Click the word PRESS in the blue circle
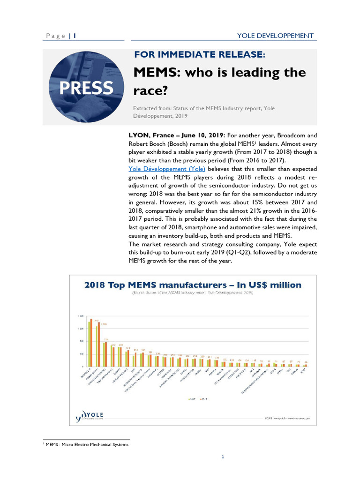pos(86,88)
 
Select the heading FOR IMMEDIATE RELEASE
pos(200,55)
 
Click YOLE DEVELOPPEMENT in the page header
pos(275,36)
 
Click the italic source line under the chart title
pos(192,292)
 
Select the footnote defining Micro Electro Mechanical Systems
pos(87,444)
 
